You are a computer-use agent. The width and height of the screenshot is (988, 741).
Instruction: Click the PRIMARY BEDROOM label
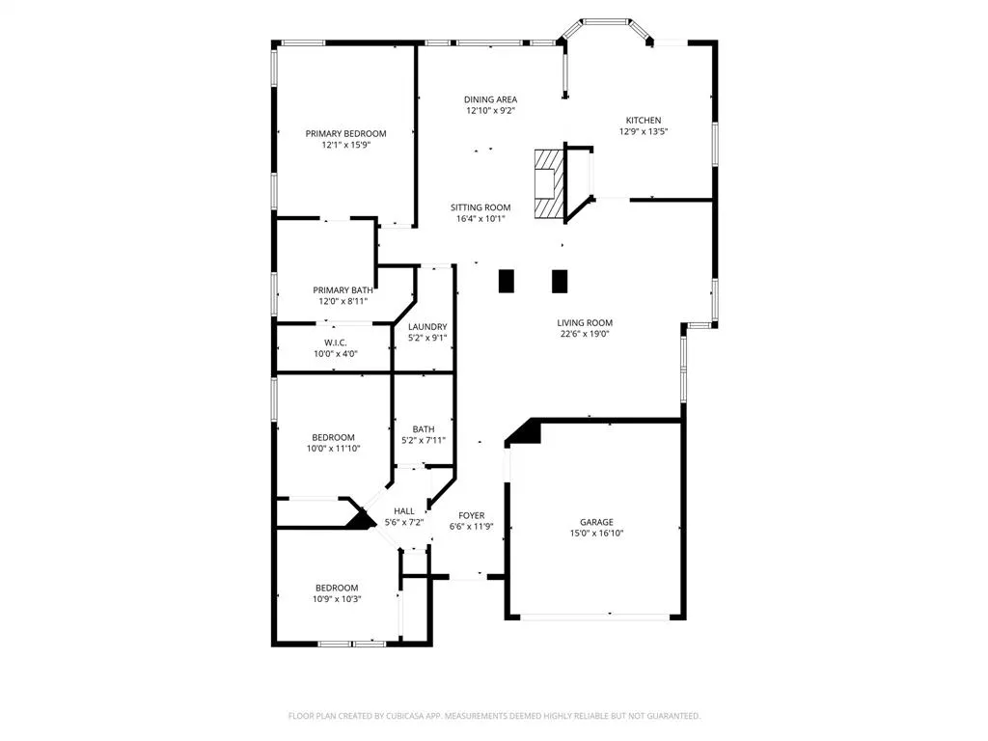tap(345, 133)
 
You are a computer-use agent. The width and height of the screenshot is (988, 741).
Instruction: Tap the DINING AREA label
tap(490, 99)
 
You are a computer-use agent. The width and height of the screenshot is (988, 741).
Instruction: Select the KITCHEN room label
tap(644, 121)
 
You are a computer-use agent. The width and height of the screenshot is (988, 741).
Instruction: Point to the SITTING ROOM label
tap(480, 207)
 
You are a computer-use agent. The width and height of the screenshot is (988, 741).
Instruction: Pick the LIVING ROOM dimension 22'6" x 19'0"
tap(585, 335)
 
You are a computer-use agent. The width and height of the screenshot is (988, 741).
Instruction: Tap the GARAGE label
tap(596, 522)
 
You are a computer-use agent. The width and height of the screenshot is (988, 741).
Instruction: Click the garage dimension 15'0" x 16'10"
tap(596, 533)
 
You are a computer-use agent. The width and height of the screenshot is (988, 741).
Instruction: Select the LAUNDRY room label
tap(426, 327)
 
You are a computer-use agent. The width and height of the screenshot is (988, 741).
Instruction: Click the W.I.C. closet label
tap(335, 343)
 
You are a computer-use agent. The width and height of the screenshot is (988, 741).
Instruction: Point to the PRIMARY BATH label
tap(343, 289)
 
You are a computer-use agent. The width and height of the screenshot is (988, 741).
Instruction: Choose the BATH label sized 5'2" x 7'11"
tap(424, 429)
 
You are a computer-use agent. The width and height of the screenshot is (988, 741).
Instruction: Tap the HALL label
tap(403, 511)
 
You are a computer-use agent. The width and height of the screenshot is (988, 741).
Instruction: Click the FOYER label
tap(471, 516)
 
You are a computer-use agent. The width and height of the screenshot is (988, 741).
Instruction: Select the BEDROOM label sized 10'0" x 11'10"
tap(332, 437)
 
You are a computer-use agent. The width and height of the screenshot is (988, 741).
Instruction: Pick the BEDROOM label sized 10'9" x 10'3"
tap(337, 588)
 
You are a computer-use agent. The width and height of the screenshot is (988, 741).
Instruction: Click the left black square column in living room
tap(507, 280)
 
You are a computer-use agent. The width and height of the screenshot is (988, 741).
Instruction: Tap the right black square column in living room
tap(559, 280)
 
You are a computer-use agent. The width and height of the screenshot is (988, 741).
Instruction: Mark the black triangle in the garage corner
tap(526, 432)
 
